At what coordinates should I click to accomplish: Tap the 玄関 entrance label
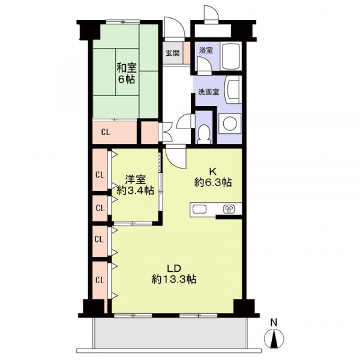pos(172,53)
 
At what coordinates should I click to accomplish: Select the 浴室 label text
pos(206,50)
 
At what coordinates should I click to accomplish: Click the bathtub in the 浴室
pos(231,57)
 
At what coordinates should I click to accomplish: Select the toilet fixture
pos(204,133)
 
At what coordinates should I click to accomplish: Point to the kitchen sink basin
pos(200,209)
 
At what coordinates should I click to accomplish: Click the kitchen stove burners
pos(229,209)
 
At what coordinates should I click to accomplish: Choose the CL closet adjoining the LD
pos(100,278)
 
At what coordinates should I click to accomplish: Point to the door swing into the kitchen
pos(176,157)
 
